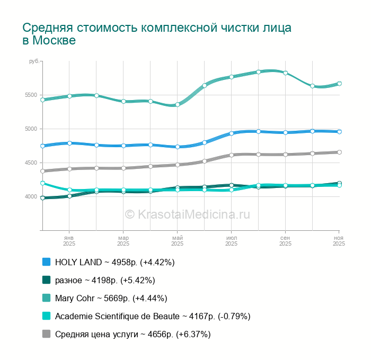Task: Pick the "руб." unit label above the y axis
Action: [34, 62]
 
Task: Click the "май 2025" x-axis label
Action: [178, 241]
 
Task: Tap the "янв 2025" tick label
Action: [69, 241]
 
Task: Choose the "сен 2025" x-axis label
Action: [285, 241]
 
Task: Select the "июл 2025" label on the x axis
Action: [232, 241]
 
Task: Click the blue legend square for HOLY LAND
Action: [46, 262]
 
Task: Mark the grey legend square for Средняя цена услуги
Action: [46, 334]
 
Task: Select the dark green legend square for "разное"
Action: [46, 280]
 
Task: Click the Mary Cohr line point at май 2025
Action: [178, 104]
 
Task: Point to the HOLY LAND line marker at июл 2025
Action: [232, 133]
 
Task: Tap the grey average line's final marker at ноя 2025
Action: [339, 152]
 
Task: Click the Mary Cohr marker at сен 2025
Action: [285, 73]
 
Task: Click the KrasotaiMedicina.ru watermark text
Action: [187, 214]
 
